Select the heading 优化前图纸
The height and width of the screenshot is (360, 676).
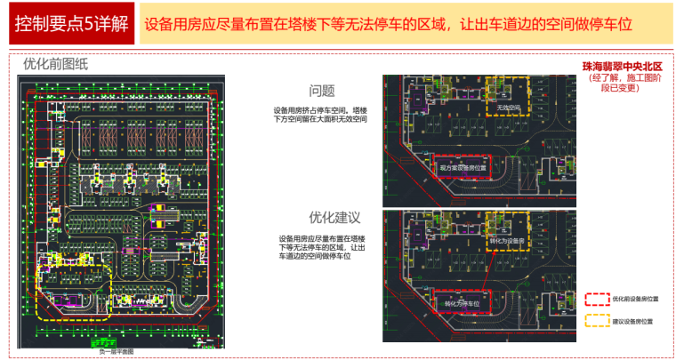click(56, 65)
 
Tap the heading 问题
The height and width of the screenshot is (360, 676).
click(322, 91)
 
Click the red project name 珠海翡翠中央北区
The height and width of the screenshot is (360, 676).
click(623, 67)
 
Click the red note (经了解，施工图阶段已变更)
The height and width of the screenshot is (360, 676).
click(623, 84)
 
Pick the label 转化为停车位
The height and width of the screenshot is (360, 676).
click(463, 303)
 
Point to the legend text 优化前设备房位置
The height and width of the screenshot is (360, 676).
click(637, 300)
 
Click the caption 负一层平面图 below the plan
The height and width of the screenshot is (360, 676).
click(117, 352)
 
